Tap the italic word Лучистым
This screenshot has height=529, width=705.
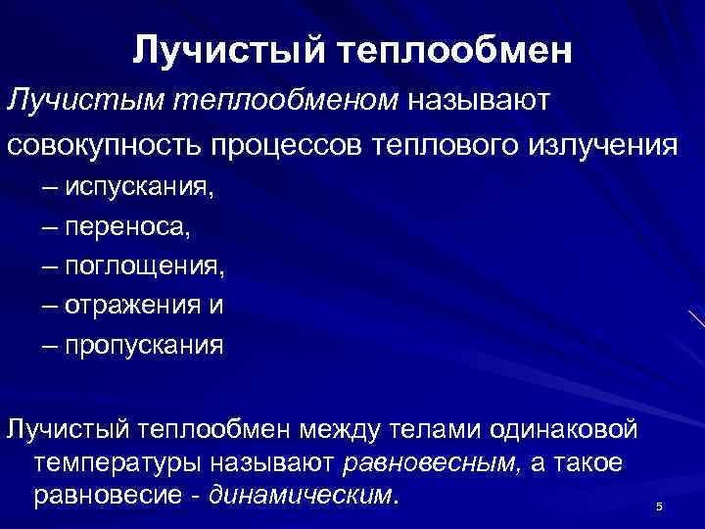(x=84, y=99)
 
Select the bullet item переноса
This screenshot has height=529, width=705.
(x=129, y=227)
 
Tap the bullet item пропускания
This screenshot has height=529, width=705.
(x=144, y=345)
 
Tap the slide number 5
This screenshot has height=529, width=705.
(x=659, y=505)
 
